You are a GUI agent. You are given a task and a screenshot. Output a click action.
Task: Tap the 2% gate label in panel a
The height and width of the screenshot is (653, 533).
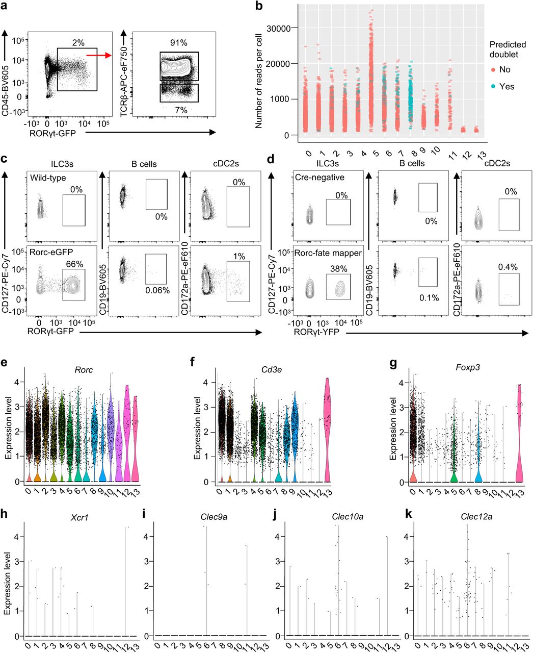(76, 40)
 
